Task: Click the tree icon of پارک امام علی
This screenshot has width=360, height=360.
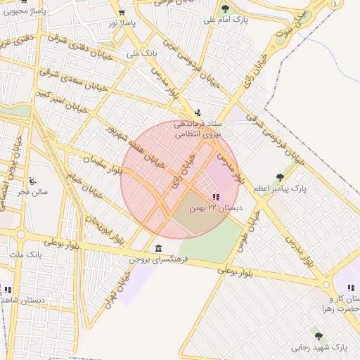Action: point(225,8)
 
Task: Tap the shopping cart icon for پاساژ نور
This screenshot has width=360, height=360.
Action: point(122,12)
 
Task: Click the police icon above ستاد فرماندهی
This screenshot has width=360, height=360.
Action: point(198,111)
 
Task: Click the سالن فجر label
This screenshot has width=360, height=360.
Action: point(34,191)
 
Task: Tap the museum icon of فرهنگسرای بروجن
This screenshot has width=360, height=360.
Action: point(156,248)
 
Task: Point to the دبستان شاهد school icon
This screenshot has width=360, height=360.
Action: point(8,289)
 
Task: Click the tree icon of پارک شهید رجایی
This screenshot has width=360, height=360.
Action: point(319,336)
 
